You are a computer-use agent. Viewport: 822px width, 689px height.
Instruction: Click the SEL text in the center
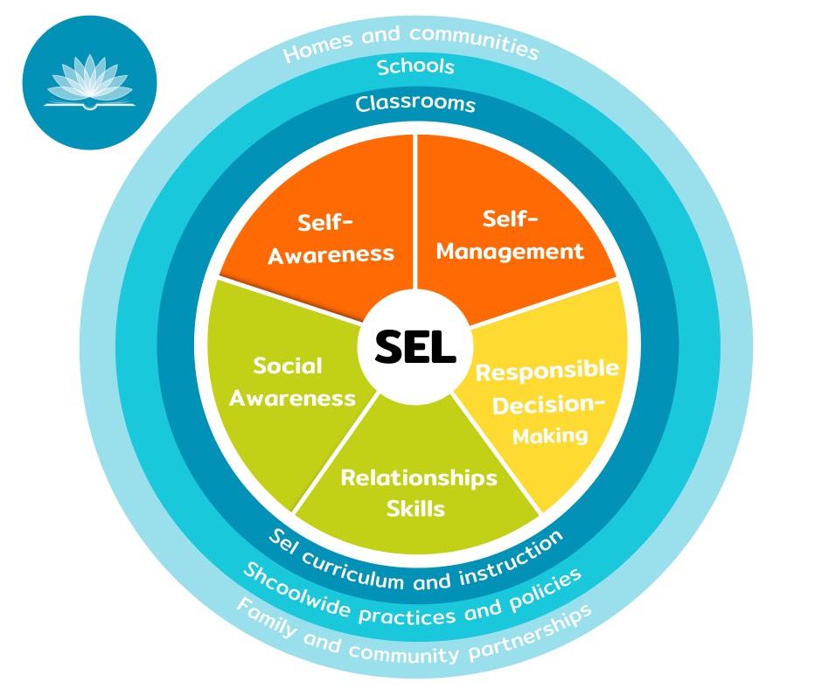[415, 348]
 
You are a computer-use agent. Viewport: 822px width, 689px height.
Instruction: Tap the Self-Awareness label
[331, 238]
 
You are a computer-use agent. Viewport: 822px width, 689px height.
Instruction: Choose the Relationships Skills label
[418, 492]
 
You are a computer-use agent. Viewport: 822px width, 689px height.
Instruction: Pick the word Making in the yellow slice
[550, 435]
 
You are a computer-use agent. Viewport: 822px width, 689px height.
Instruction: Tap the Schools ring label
[415, 66]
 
